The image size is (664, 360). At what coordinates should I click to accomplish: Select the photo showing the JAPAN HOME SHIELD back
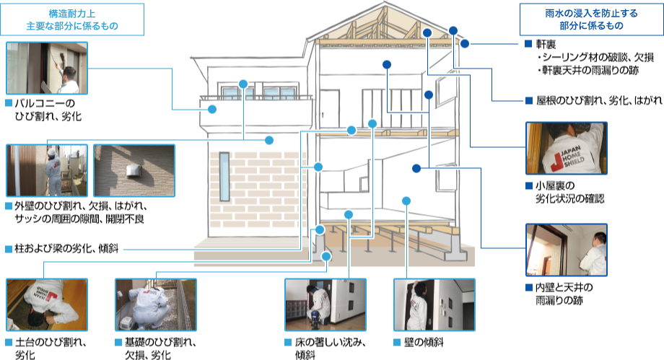566,149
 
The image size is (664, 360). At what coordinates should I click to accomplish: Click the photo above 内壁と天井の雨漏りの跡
566,250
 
